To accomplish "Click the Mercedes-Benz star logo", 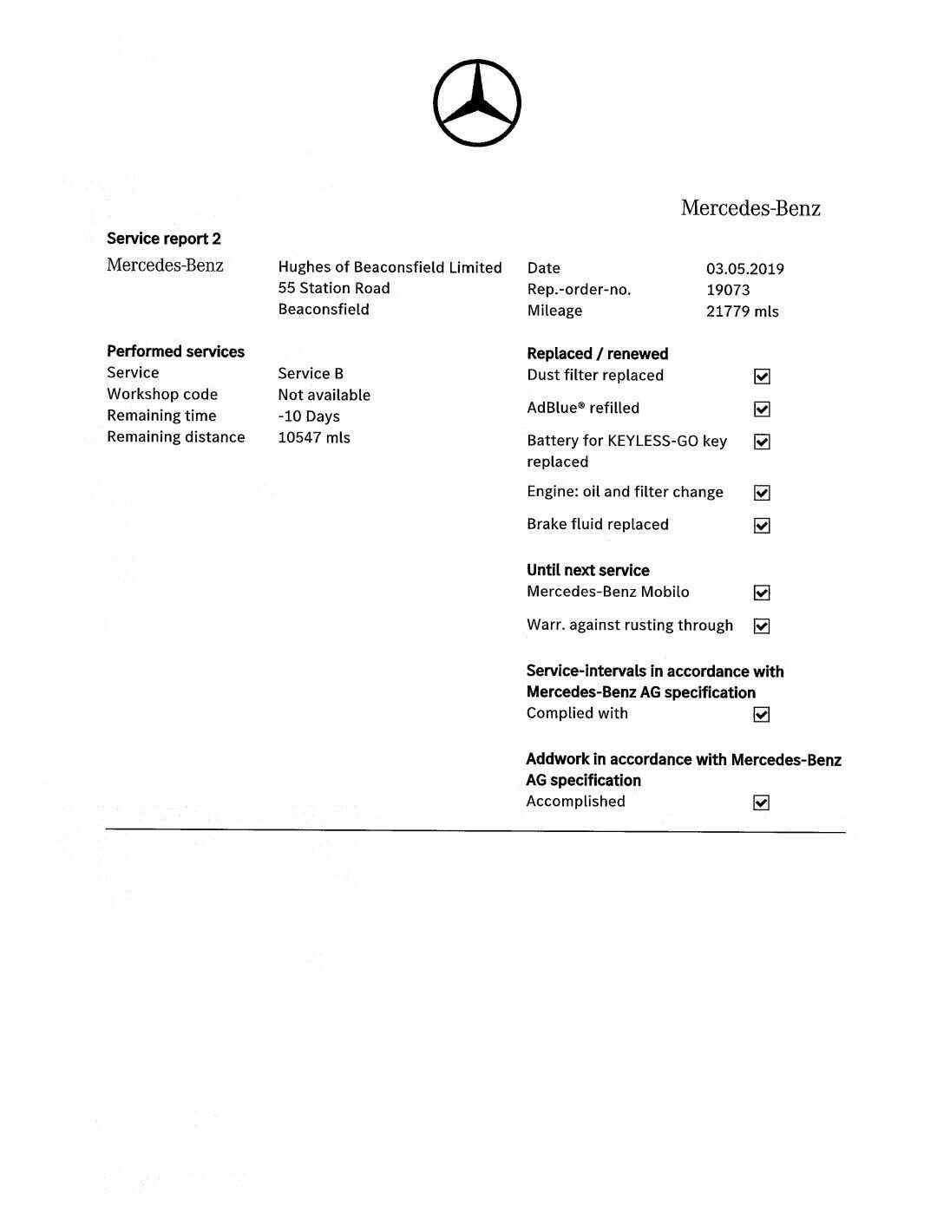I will [476, 103].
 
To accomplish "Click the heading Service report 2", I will [164, 239].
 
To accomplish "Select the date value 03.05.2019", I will [744, 269].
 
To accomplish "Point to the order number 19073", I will [728, 290].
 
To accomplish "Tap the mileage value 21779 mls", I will [742, 311].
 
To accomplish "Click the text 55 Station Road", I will [334, 288].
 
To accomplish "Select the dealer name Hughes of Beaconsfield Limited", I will [390, 267].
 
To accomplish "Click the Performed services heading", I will [175, 351].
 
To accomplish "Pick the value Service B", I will [311, 374].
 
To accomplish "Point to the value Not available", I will [324, 395].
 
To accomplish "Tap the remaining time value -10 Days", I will [309, 416].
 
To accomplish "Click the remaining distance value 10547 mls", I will [314, 437].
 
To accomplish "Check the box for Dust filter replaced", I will [762, 377].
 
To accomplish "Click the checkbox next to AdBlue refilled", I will [762, 409].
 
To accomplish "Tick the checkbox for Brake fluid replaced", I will [762, 526].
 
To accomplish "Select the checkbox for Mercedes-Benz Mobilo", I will [762, 593].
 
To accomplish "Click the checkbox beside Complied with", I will [762, 715].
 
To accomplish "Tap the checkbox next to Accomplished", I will [762, 803].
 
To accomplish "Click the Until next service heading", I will [587, 570].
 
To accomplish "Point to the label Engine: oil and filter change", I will [625, 492].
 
